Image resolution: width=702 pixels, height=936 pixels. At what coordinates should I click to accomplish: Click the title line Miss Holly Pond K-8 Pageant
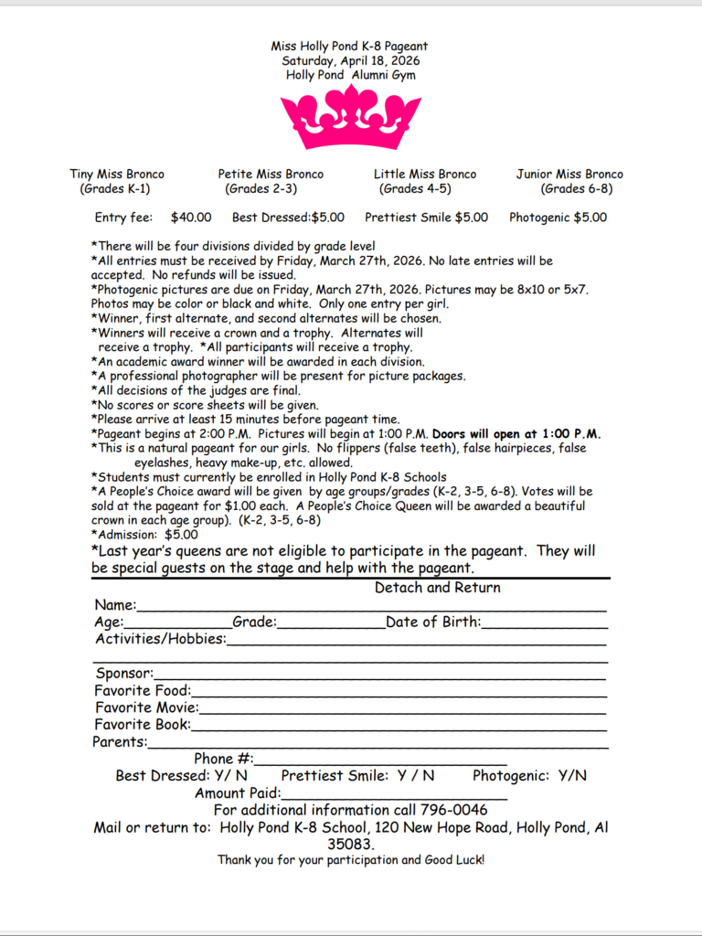pos(349,46)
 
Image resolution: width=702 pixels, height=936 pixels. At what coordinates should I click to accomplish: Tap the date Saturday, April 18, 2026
pos(350,60)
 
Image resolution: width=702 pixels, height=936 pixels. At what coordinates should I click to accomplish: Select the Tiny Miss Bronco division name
pos(117,174)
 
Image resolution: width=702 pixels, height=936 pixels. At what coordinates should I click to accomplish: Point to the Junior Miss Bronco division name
pos(569,174)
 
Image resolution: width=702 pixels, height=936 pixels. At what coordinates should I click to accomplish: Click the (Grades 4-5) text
pos(415,189)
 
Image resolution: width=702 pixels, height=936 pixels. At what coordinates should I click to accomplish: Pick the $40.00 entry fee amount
pos(191,218)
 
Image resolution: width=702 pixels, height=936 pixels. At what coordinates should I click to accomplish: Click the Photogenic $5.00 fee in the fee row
pos(558,218)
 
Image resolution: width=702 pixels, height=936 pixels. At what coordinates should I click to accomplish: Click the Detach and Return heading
pos(438,588)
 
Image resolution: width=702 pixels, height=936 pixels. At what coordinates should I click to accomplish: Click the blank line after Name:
pos(370,606)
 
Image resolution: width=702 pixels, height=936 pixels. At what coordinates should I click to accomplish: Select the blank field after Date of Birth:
pos(545,623)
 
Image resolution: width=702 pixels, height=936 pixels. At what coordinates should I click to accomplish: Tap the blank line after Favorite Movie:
pos(402,708)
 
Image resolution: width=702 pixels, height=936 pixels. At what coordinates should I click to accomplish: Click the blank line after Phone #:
pos(380,760)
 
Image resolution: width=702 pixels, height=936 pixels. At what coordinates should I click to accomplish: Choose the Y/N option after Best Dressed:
pos(230,776)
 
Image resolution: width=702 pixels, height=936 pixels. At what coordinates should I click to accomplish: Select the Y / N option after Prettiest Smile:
pos(416,776)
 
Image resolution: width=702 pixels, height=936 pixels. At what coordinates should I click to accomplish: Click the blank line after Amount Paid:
pos(393,793)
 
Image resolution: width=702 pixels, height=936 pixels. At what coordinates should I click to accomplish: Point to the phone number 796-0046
pos(453,810)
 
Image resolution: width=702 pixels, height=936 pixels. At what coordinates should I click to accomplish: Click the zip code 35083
pos(350,845)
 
